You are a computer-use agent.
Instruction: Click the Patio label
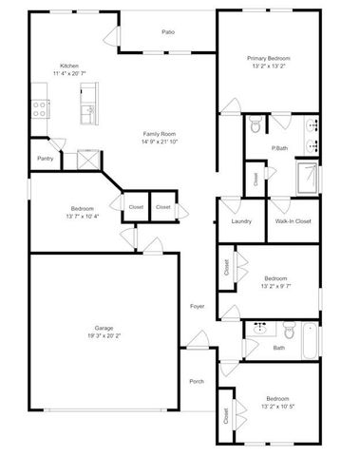[167, 32]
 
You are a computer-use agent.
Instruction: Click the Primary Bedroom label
[269, 59]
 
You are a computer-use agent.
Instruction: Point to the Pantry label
[45, 158]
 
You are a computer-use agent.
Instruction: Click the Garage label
[104, 326]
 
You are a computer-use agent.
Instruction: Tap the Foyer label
[197, 306]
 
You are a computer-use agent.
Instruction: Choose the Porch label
[197, 381]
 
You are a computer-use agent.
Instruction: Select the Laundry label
[241, 221]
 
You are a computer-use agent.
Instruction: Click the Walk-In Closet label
[294, 221]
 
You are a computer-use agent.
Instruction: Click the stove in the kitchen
[40, 105]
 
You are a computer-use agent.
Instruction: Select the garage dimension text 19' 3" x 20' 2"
[104, 334]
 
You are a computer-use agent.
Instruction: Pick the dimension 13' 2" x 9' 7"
[276, 284]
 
